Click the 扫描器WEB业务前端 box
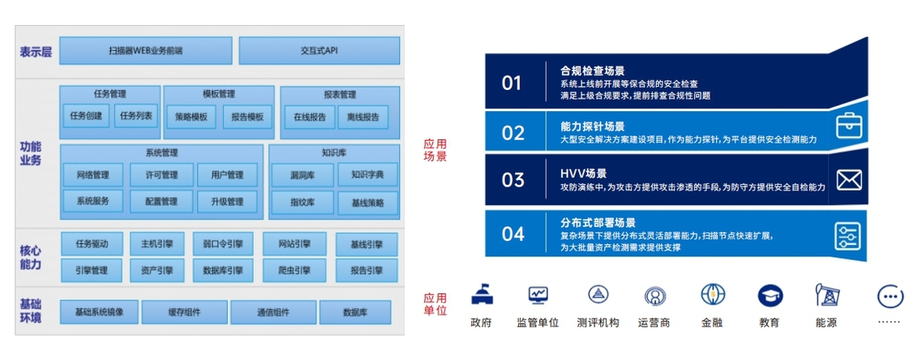tap(146, 50)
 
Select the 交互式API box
tap(319, 50)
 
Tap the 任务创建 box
tap(86, 116)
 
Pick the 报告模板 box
tap(243, 117)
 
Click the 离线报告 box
tap(362, 117)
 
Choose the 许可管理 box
tap(161, 174)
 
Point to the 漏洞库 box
tap(302, 174)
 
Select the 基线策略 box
tap(367, 203)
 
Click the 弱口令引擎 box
tap(223, 243)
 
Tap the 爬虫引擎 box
tap(294, 271)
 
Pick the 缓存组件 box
tap(184, 312)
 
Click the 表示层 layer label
tap(36, 52)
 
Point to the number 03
tap(512, 179)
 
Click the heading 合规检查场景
tap(593, 71)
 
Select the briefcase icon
tap(849, 125)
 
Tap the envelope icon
tap(848, 180)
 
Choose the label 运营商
tap(654, 323)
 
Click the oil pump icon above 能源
tap(826, 294)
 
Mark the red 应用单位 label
tap(435, 304)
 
